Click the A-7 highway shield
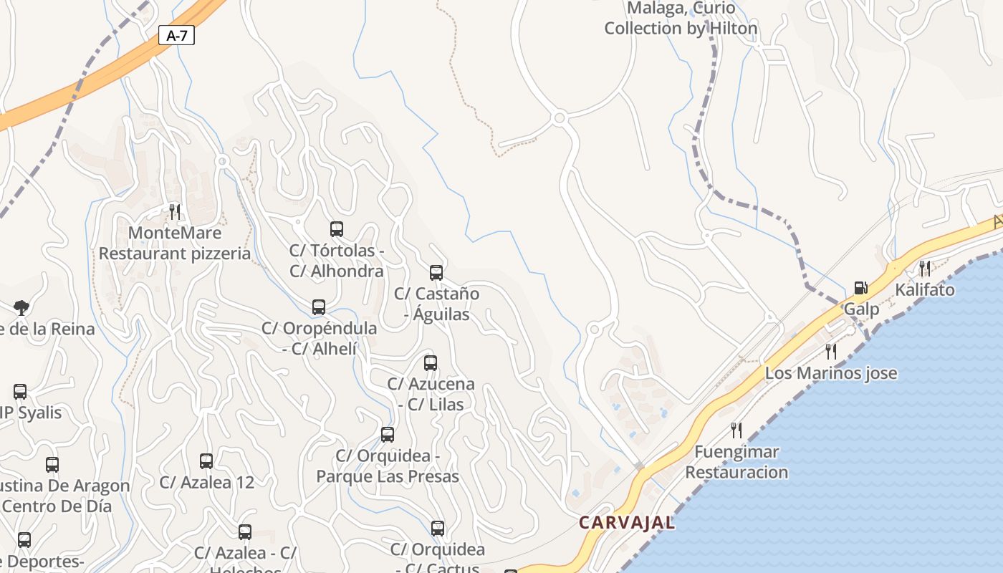[176, 35]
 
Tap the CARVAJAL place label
[627, 523]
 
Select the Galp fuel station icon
[860, 288]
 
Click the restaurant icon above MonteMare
[175, 211]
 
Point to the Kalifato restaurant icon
[925, 269]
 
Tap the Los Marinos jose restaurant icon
[831, 351]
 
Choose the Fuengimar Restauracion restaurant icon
[736, 430]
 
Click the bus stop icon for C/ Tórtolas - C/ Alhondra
[337, 229]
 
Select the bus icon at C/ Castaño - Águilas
[436, 272]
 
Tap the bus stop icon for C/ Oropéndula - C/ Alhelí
[319, 307]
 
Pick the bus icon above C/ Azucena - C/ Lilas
[431, 362]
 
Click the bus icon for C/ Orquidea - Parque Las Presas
[388, 435]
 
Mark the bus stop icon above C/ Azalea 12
[206, 461]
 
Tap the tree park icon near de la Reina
[21, 308]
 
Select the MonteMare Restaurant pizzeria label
[175, 244]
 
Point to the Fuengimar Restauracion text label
[736, 462]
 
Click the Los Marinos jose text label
[831, 373]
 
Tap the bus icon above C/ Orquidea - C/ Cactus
[438, 529]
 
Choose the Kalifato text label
[925, 290]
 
